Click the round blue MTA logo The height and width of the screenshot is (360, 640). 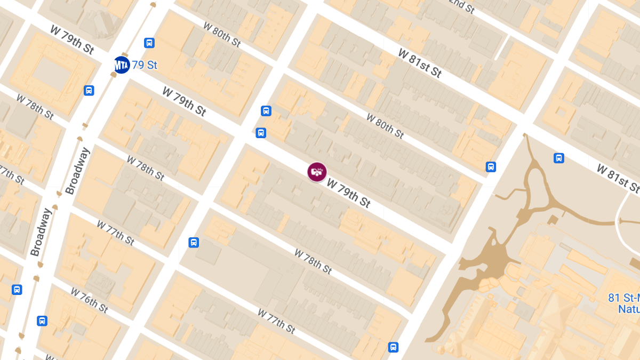(x=122, y=65)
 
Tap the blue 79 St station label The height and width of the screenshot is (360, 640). (x=145, y=65)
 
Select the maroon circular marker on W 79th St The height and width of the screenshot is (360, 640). (x=317, y=172)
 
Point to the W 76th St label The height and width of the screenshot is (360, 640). (x=89, y=300)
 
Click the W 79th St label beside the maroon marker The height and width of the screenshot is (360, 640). (x=349, y=193)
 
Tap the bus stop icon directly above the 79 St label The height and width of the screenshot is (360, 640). (x=149, y=43)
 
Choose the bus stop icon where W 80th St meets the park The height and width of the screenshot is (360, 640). (x=491, y=167)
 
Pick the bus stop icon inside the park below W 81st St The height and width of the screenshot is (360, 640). (x=558, y=158)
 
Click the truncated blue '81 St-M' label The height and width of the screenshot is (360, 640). (x=624, y=298)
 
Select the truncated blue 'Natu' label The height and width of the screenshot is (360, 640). (x=629, y=309)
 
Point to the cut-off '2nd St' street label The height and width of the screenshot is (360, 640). (x=461, y=6)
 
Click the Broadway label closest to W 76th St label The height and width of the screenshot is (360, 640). (x=41, y=232)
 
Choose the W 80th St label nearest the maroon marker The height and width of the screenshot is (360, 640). (x=385, y=125)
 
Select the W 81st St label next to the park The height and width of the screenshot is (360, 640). (x=618, y=178)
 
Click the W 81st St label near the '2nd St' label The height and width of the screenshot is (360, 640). (x=420, y=62)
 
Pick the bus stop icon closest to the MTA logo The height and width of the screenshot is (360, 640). (x=149, y=43)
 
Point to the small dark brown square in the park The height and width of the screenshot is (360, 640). (x=553, y=220)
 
